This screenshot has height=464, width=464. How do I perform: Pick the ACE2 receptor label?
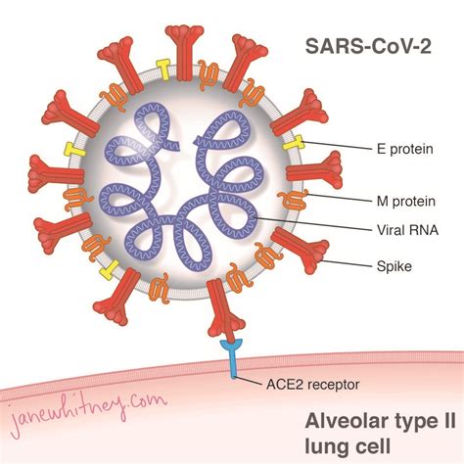pos(306,385)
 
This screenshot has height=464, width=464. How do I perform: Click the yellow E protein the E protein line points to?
pos(291,143)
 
